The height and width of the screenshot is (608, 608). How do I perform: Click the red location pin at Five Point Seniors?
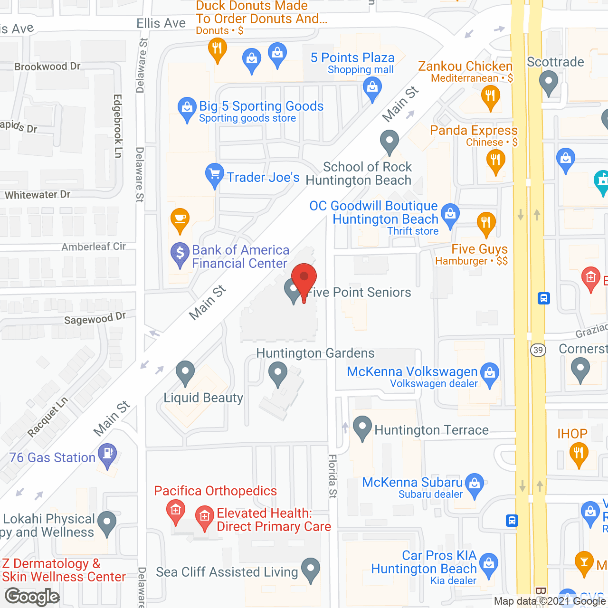tap(304, 278)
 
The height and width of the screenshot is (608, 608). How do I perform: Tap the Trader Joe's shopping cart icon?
tap(214, 175)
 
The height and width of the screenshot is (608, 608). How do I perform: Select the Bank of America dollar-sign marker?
tap(180, 254)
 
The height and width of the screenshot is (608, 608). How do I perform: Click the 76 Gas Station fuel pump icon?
tap(108, 454)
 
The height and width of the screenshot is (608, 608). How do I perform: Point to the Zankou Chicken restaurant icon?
tap(490, 97)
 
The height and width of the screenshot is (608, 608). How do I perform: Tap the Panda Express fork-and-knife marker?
tap(495, 160)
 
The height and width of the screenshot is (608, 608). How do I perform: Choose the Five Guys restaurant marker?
tap(486, 223)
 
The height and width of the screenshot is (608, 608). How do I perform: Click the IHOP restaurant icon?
tap(578, 453)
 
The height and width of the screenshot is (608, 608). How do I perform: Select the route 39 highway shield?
tap(538, 350)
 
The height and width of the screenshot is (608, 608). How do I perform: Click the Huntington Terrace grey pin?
tap(362, 427)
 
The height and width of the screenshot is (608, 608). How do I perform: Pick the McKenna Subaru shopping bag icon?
tap(474, 484)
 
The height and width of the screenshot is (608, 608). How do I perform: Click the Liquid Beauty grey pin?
tap(185, 372)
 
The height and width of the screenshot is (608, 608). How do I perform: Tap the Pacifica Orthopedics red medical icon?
tap(176, 512)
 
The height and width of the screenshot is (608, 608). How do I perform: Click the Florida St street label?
tap(332, 476)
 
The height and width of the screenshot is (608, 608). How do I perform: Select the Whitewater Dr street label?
tap(38, 195)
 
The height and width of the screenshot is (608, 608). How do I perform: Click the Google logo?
tap(32, 597)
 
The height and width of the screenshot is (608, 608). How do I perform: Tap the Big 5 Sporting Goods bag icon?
tap(187, 109)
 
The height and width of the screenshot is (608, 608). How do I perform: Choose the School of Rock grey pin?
tap(389, 142)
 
